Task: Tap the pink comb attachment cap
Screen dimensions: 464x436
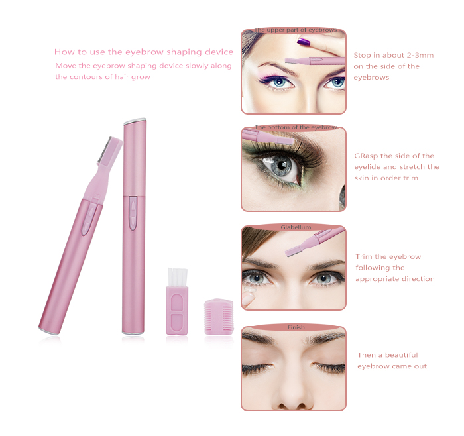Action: click(x=219, y=317)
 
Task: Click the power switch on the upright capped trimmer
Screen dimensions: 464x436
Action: click(x=133, y=213)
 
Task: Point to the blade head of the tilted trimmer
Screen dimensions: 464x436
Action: click(x=109, y=151)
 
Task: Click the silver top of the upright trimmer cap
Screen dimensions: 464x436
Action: click(x=135, y=121)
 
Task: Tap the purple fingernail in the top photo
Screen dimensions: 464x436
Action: click(x=303, y=42)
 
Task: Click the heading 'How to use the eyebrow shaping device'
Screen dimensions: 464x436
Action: click(x=144, y=52)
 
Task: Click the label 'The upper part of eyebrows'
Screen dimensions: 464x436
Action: click(x=296, y=30)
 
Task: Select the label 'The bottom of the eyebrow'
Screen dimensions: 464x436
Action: click(x=296, y=127)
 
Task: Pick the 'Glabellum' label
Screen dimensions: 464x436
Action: click(x=296, y=227)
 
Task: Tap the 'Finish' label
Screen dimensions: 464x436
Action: click(x=296, y=327)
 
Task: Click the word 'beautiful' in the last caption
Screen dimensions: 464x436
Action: click(x=402, y=355)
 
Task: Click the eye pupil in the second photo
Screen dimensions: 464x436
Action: click(x=282, y=165)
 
